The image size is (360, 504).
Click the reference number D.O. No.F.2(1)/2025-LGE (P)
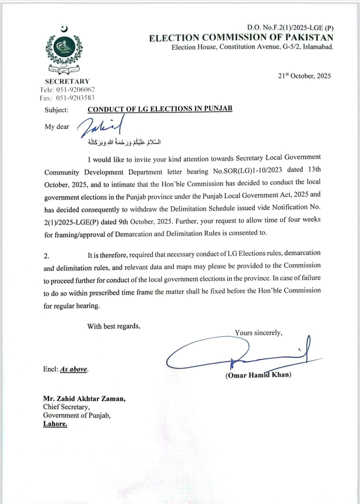pyautogui.click(x=290, y=28)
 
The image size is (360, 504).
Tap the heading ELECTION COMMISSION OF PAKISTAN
pyautogui.click(x=241, y=38)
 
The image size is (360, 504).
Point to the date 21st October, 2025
pyautogui.click(x=304, y=76)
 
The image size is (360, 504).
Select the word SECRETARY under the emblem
pyautogui.click(x=67, y=81)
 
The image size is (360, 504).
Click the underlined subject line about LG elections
pyautogui.click(x=160, y=109)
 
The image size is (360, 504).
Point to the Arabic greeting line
pyautogui.click(x=124, y=142)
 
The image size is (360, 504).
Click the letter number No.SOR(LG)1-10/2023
pyautogui.click(x=247, y=171)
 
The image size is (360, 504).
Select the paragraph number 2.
pyautogui.click(x=46, y=256)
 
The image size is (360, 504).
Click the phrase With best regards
pyautogui.click(x=114, y=326)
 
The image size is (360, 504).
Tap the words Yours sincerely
pyautogui.click(x=258, y=333)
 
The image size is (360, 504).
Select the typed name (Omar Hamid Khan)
pyautogui.click(x=258, y=375)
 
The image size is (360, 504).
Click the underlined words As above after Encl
pyautogui.click(x=74, y=369)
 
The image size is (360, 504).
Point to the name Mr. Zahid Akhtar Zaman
pyautogui.click(x=84, y=399)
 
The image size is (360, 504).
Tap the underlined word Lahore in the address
pyautogui.click(x=55, y=424)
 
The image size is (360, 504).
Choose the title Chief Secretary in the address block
pyautogui.click(x=66, y=407)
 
